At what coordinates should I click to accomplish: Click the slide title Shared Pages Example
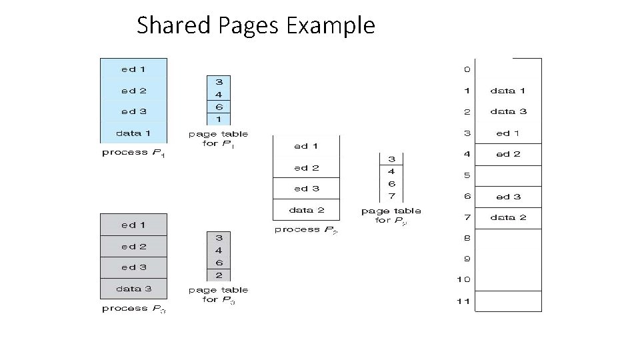coord(256,26)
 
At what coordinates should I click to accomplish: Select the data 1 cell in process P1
coord(133,133)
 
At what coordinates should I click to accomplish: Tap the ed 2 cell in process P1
coord(133,91)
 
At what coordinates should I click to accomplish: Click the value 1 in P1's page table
coord(219,119)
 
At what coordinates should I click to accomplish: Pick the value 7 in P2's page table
coord(391,195)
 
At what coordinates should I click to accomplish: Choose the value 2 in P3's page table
coord(219,275)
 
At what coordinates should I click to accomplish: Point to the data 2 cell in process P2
coord(306,209)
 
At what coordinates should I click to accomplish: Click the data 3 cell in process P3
coord(133,289)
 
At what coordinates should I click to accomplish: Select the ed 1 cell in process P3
coord(133,225)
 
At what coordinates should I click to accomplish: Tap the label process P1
coord(133,153)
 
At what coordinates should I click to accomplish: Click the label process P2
coord(306,230)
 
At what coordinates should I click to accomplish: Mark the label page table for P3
coord(218,295)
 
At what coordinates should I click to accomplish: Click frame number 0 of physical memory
coord(467,69)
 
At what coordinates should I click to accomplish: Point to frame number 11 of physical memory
coord(464,301)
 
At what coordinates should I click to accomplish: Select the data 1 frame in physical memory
coord(508,91)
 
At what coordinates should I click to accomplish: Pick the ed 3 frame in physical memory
coord(508,197)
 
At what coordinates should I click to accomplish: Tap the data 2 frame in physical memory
coord(508,217)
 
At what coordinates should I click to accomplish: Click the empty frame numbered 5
coord(508,175)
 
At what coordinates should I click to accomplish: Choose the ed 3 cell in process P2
coord(306,189)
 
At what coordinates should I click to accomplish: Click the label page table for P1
coord(218,139)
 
